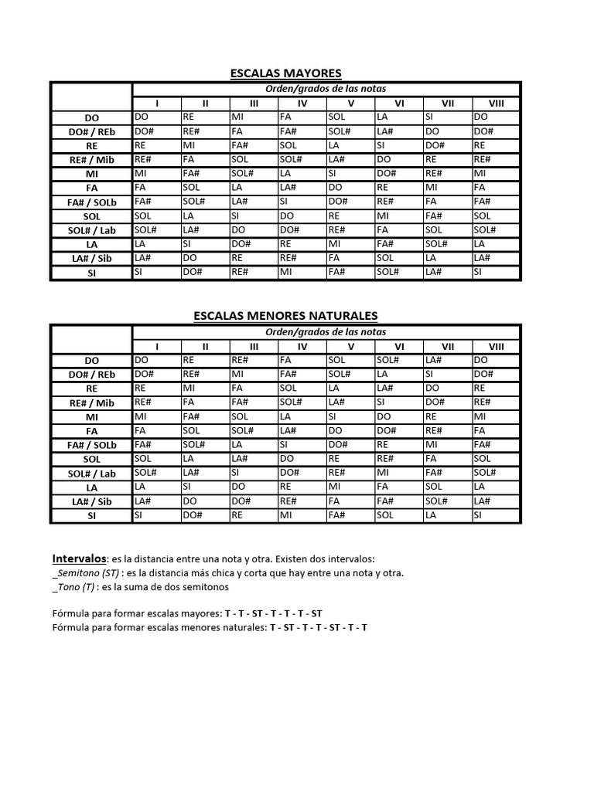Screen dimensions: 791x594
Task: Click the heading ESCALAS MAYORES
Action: click(285, 73)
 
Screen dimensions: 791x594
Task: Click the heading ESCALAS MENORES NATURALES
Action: click(285, 315)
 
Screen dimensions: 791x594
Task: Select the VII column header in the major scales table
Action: click(448, 103)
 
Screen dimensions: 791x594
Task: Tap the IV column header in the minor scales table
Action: click(302, 346)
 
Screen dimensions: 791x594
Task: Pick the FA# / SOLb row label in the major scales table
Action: click(91, 202)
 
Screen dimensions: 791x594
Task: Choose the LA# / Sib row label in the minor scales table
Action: click(91, 501)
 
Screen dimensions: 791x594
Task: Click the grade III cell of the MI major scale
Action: click(254, 173)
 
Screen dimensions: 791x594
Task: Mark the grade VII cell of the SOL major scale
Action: click(448, 216)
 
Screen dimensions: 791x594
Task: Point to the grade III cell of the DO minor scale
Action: click(254, 360)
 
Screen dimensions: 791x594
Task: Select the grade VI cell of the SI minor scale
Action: click(399, 514)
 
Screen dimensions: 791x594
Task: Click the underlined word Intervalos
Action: click(79, 558)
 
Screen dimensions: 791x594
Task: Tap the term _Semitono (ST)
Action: click(87, 573)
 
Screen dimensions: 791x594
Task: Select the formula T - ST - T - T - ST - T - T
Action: click(318, 627)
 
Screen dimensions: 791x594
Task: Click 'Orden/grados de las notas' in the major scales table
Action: click(326, 89)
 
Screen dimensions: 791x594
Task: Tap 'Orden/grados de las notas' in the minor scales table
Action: click(326, 331)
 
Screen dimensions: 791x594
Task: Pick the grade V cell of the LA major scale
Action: click(350, 244)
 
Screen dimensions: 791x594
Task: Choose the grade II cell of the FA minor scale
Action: click(205, 430)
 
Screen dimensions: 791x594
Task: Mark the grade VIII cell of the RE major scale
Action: click(496, 145)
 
